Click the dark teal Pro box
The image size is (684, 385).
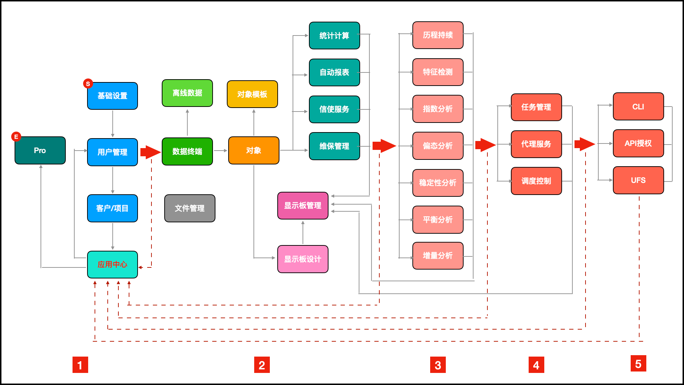[40, 151]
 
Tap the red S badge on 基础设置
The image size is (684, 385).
[88, 84]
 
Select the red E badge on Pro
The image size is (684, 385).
[16, 137]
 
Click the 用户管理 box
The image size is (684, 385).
[112, 152]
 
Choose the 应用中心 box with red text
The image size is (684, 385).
[112, 265]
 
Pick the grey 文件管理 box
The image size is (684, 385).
[189, 208]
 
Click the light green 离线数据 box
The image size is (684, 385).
[187, 93]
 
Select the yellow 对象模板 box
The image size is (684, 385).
[252, 94]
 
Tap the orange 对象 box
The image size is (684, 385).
[253, 151]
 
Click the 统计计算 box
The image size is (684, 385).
[334, 36]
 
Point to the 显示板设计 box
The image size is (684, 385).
[303, 259]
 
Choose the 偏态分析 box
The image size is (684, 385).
[438, 146]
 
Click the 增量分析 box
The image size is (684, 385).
[438, 256]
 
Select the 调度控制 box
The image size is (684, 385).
[536, 181]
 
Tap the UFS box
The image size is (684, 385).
[638, 180]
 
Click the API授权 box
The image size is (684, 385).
[638, 143]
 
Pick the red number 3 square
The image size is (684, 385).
[438, 365]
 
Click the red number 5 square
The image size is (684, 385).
[638, 364]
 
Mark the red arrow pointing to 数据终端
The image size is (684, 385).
[150, 152]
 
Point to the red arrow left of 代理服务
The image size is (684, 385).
[485, 145]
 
